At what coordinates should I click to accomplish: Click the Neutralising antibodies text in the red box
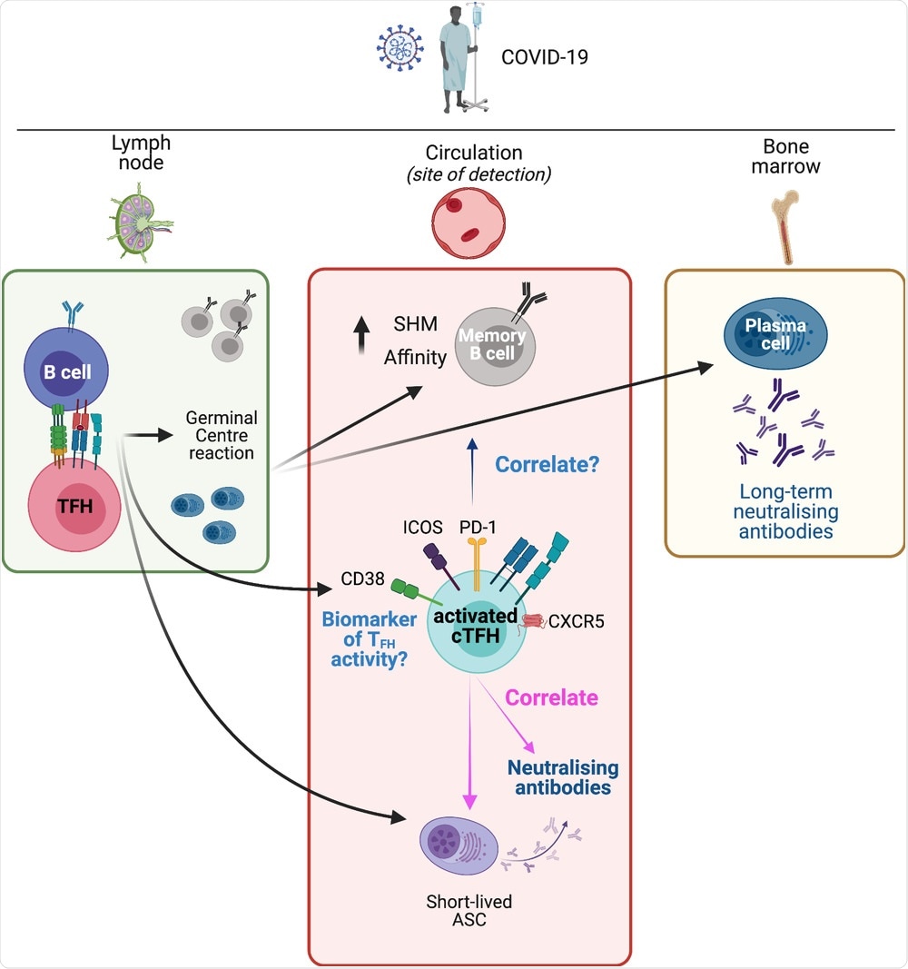[562, 777]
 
